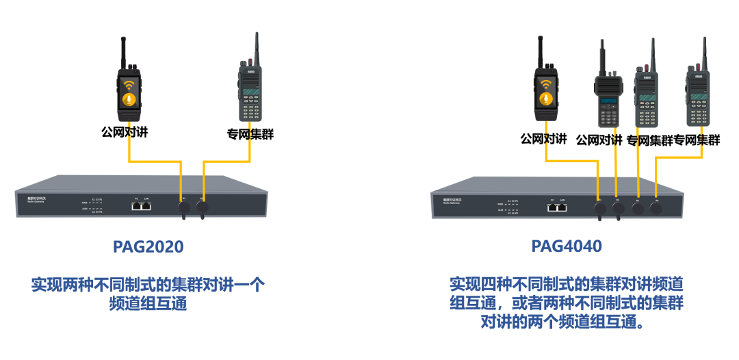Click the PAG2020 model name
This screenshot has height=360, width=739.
(148, 246)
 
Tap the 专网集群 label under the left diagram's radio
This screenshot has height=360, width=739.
(250, 134)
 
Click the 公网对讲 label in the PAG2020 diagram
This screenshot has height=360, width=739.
(125, 132)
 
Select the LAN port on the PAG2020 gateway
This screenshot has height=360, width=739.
(146, 206)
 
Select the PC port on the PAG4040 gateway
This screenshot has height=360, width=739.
(552, 206)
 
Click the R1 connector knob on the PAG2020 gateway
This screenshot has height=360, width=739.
(184, 206)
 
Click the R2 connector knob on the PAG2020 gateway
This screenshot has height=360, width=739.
(203, 206)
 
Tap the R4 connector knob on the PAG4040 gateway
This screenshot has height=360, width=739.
(656, 208)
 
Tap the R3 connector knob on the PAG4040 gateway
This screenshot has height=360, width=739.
(638, 208)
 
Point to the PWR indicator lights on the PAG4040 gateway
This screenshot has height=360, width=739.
(508, 203)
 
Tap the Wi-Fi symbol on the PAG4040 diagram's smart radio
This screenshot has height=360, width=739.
(545, 85)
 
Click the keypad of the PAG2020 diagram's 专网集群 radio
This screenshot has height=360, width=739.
(250, 110)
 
